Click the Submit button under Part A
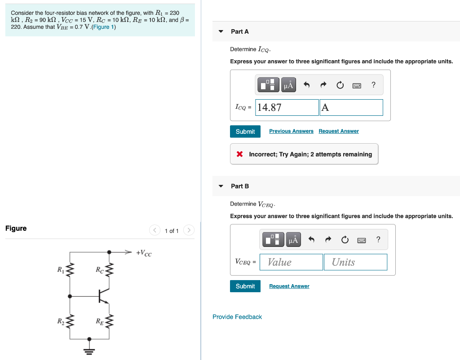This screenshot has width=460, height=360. (245, 132)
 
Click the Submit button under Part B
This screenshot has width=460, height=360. (245, 286)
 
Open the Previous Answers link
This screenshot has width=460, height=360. (291, 131)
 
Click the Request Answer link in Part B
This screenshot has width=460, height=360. (289, 286)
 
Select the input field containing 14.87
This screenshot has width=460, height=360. (287, 107)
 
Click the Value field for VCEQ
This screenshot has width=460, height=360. (292, 262)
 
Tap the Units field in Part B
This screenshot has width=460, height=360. (355, 262)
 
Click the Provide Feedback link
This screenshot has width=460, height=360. (237, 317)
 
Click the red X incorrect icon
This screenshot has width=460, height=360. (240, 154)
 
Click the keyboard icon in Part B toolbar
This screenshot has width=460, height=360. (362, 240)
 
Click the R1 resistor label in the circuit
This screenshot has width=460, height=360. (60, 270)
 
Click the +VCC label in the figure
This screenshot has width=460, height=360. (144, 253)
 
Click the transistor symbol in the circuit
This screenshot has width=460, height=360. (103, 296)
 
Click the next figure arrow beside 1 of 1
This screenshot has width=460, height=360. (189, 231)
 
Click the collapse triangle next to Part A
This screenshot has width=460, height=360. (221, 31)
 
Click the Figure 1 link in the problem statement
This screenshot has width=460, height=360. (103, 27)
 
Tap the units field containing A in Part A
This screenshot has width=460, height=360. (351, 107)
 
